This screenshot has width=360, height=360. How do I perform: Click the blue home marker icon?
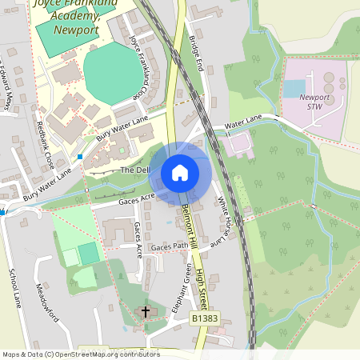(180, 172)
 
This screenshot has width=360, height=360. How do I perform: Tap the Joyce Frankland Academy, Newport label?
(66, 18)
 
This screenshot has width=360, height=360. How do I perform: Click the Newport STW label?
(314, 102)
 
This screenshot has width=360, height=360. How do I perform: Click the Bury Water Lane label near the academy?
(122, 128)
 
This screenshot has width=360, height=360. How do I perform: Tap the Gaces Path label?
(169, 247)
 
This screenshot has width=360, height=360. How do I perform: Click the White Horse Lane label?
(229, 215)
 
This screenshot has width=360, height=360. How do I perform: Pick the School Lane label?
(14, 289)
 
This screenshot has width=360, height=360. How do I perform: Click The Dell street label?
(134, 170)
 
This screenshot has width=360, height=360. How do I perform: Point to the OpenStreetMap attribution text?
(81, 354)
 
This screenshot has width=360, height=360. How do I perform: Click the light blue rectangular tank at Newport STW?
(294, 88)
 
